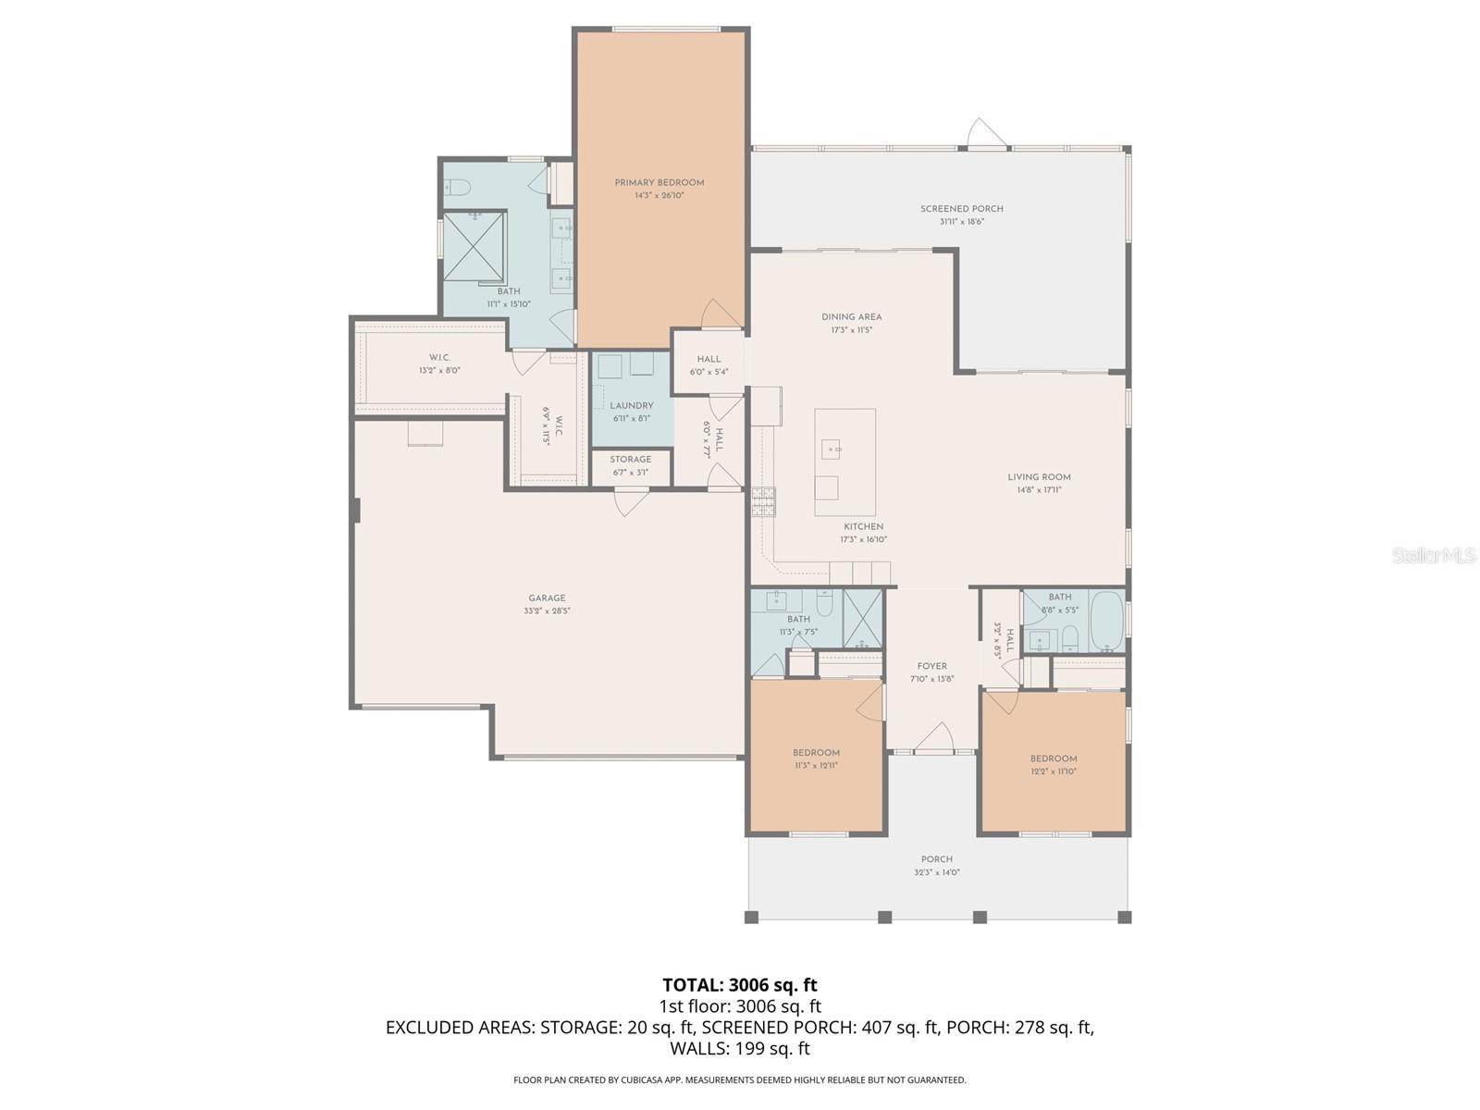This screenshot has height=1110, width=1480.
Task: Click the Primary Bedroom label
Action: tap(659, 182)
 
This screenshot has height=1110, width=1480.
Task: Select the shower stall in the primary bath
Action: tap(475, 245)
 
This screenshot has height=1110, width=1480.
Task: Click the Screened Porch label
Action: tap(961, 209)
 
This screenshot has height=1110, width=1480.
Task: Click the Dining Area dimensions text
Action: tap(851, 330)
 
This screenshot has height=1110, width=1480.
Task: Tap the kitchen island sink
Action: tap(833, 450)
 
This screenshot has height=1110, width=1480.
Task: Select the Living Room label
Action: tap(1039, 477)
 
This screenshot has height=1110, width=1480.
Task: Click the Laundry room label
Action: tap(631, 406)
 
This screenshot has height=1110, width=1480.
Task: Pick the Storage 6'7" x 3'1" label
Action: tap(630, 460)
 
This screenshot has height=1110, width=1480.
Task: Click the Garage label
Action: tap(547, 598)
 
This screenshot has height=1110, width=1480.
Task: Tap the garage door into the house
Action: tap(632, 503)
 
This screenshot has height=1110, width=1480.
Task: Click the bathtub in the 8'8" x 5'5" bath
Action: tap(1106, 623)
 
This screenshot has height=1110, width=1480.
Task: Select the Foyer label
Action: tap(931, 666)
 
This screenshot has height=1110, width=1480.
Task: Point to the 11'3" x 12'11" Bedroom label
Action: tap(816, 753)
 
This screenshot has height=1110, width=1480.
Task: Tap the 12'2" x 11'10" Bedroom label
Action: tap(1054, 758)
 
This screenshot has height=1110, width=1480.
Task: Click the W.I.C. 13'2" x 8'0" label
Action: tap(439, 358)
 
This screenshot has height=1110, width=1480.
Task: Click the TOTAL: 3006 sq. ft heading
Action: tap(739, 985)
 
